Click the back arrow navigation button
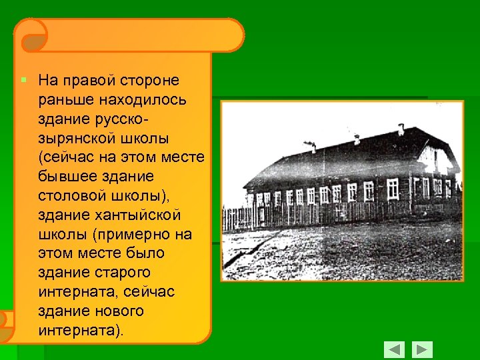pos(395,349)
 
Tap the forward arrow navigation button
pos(422,349)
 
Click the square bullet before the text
pos(23,80)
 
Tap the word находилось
pos(143,100)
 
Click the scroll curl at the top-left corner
pos(30,35)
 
